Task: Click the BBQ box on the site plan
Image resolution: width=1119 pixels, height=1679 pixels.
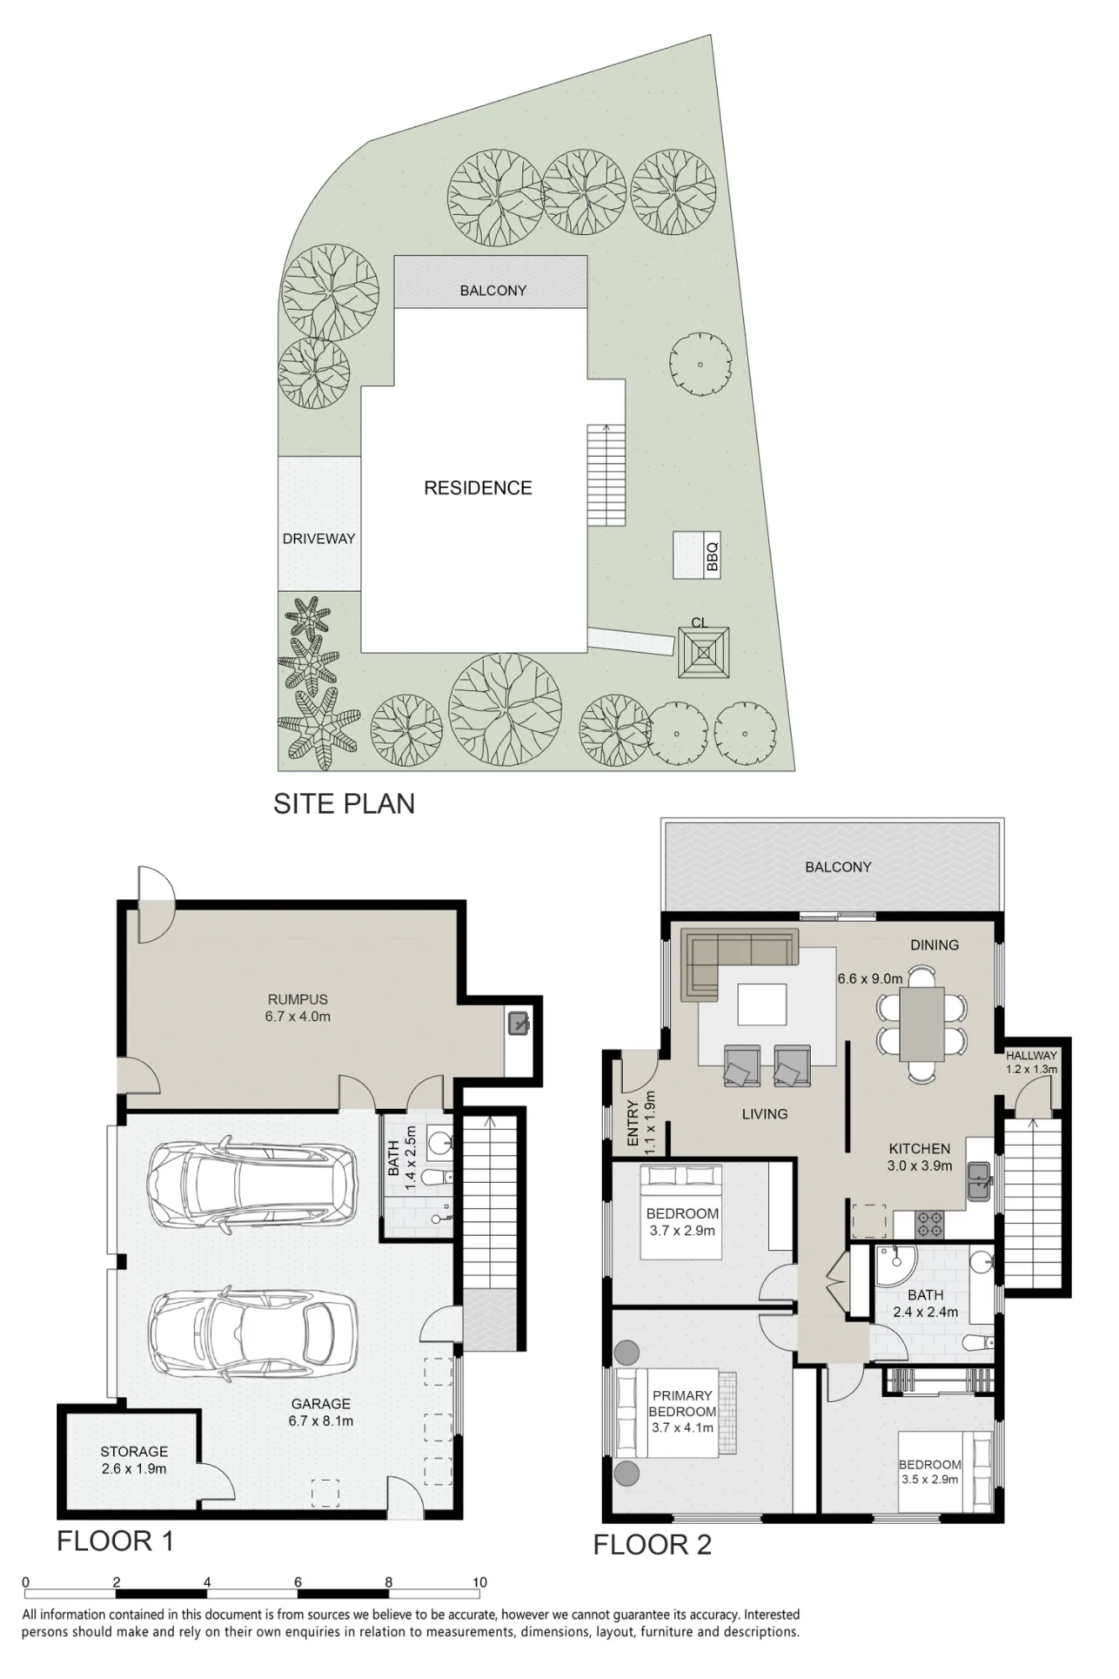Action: coord(697,555)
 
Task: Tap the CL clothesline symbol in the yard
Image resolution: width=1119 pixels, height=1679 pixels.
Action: coord(703,652)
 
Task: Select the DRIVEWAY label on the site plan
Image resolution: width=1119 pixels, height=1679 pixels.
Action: coord(319,538)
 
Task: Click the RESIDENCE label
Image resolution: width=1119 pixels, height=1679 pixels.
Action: coord(478,488)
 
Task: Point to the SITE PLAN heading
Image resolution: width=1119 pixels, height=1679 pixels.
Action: coord(344,803)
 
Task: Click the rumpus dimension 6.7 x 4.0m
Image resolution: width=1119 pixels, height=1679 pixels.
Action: coord(298,1017)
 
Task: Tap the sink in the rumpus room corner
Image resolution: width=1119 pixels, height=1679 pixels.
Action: coord(518,1023)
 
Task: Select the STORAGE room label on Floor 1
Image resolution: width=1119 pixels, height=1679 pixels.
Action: coord(134,1451)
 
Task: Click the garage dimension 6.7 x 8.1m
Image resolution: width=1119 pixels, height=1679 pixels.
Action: coord(321,1421)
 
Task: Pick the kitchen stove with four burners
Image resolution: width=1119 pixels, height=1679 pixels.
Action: coord(929,1223)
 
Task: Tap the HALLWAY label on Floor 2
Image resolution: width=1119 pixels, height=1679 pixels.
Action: coord(1032,1055)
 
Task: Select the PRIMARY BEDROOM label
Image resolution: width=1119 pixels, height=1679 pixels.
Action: coord(682,1404)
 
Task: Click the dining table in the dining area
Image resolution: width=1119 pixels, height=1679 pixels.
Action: coord(921,1023)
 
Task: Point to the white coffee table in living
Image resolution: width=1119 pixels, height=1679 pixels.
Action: coord(762,1005)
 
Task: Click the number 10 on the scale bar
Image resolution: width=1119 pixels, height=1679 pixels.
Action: coord(479,1582)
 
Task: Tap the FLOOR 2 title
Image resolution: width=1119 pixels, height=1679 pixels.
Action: coord(652,1545)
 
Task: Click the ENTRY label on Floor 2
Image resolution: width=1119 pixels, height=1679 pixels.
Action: coord(633,1123)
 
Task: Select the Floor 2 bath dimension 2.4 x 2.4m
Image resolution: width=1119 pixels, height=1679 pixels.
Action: coord(925,1312)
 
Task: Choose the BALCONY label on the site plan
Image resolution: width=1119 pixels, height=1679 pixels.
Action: coord(493,290)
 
